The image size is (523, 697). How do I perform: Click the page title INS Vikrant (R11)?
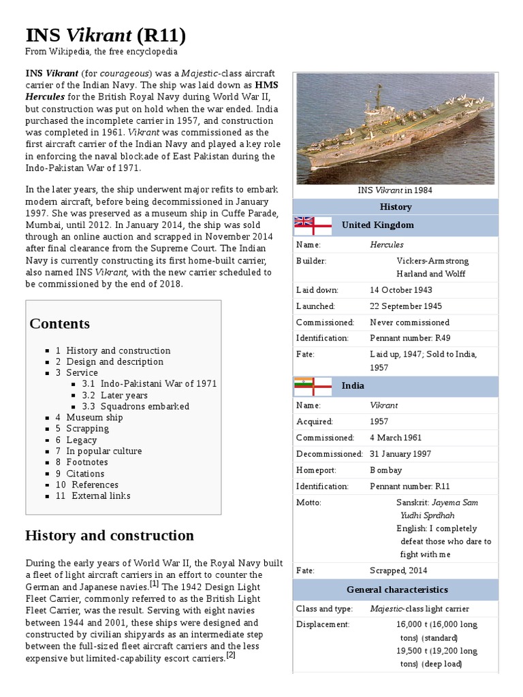tap(106, 35)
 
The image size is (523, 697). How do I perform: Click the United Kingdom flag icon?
tap(313, 224)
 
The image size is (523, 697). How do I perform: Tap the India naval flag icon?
tap(313, 385)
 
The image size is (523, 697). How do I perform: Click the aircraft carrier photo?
tap(396, 129)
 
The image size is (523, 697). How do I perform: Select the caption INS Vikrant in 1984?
tap(395, 191)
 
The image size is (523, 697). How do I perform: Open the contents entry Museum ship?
tap(94, 417)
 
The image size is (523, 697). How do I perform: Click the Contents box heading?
tap(59, 323)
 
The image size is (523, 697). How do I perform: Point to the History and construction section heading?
tap(109, 535)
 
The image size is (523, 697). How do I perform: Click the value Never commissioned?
tap(409, 322)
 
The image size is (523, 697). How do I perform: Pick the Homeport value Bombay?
tap(385, 470)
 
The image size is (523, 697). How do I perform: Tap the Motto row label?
tap(308, 502)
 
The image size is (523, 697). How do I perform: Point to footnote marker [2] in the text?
tap(231, 655)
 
